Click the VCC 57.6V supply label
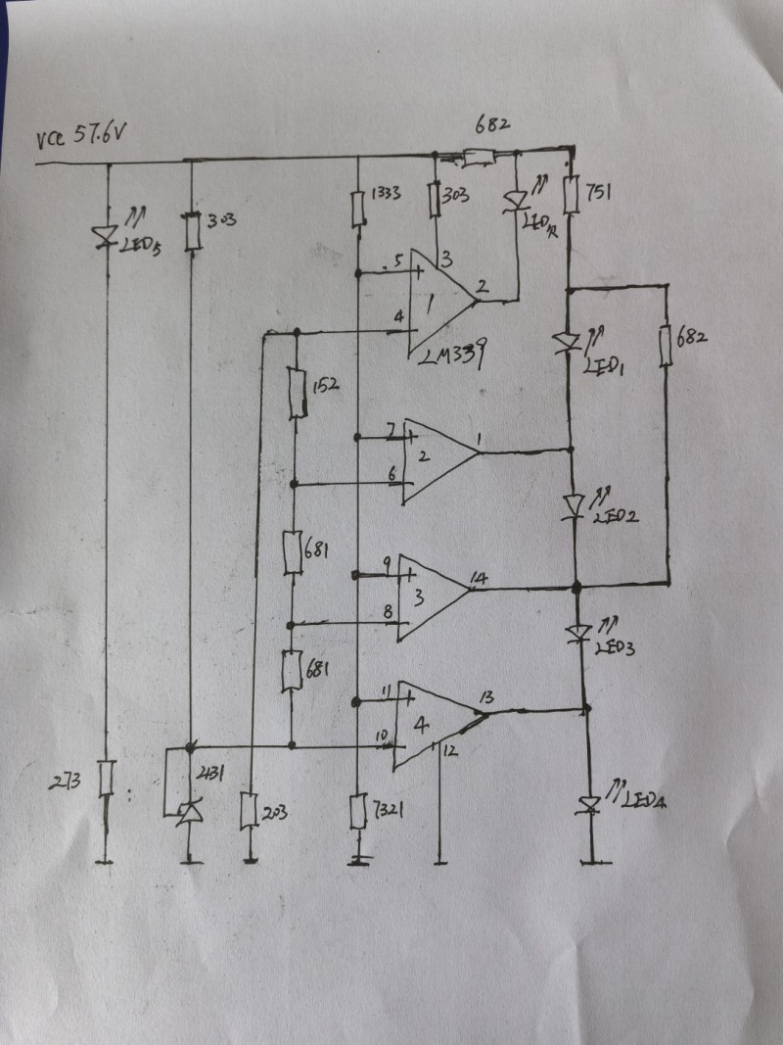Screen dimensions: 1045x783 point(81,137)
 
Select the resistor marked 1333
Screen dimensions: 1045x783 point(358,207)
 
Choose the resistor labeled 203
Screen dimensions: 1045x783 point(249,810)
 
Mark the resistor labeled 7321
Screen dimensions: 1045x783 point(358,811)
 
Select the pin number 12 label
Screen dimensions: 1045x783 point(449,750)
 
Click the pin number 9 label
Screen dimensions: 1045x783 point(387,563)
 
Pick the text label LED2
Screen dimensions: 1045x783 point(615,516)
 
